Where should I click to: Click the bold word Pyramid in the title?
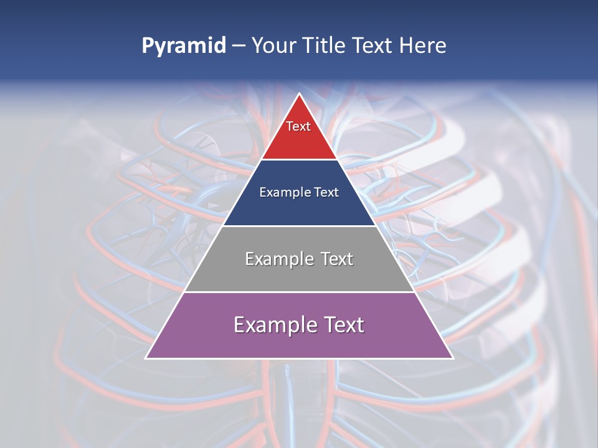184,46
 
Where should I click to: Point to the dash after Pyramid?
239,46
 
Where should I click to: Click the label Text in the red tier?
298,126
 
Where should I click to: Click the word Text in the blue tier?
327,192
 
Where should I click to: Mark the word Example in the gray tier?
278,259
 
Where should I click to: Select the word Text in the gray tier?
336,259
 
